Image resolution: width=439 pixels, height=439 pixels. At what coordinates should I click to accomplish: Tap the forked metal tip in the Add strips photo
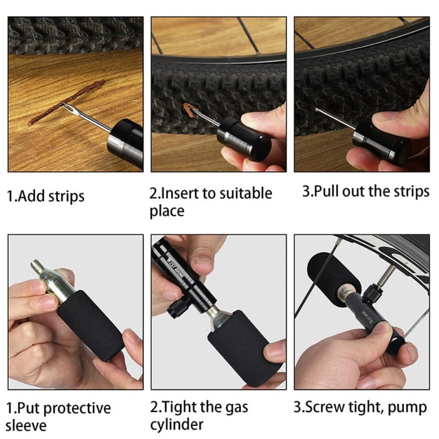pyautogui.click(x=72, y=112)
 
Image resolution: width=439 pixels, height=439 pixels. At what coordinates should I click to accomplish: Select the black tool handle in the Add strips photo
pyautogui.click(x=125, y=140)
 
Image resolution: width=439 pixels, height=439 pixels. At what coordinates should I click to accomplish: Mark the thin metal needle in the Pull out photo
pyautogui.click(x=336, y=119)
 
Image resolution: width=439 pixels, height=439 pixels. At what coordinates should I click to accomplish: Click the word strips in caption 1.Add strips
pyautogui.click(x=64, y=196)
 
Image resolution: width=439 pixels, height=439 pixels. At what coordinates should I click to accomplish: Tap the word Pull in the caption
pyautogui.click(x=327, y=191)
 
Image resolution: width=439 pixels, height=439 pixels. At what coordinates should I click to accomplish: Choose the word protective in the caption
pyautogui.click(x=78, y=409)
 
